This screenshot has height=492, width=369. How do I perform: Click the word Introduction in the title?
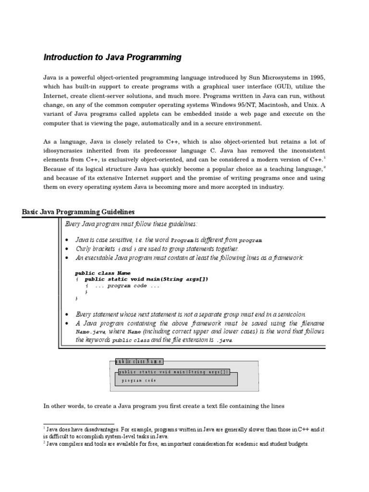pos(66,58)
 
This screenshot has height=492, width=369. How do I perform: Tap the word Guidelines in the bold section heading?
pos(115,212)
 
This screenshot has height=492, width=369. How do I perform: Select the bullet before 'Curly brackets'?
pos(67,249)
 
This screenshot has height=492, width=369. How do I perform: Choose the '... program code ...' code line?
pos(127,285)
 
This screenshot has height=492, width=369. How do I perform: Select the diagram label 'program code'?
pos(138,381)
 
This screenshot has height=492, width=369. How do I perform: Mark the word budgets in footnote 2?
pos(295,444)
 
